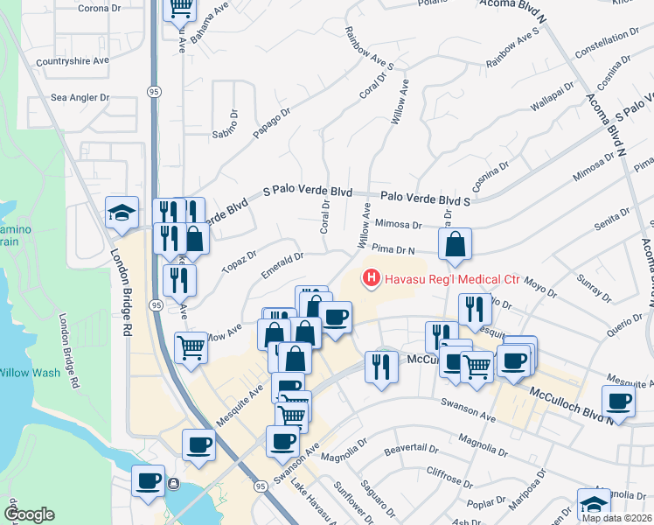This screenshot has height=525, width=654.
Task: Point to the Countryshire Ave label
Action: (x=73, y=61)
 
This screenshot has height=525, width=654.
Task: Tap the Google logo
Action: (x=28, y=514)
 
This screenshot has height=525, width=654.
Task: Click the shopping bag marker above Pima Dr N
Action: (x=455, y=244)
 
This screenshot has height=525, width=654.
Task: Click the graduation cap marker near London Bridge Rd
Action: (x=122, y=212)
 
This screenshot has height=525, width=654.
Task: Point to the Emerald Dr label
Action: (x=282, y=264)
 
